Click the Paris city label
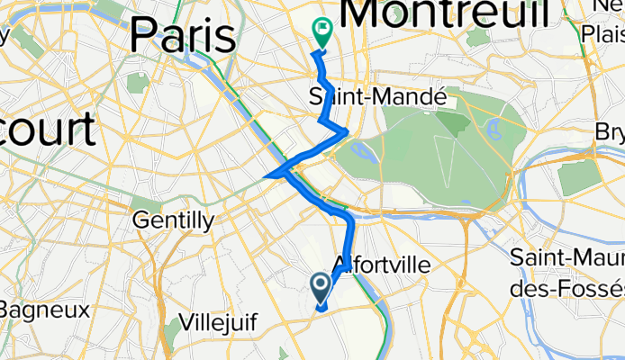[x=183, y=36]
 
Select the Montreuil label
[x=446, y=13]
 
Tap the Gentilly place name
[x=173, y=220]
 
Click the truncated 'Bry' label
[x=610, y=132]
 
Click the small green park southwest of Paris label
[x=138, y=83]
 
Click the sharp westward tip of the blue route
[x=267, y=176]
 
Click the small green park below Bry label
[x=578, y=177]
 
